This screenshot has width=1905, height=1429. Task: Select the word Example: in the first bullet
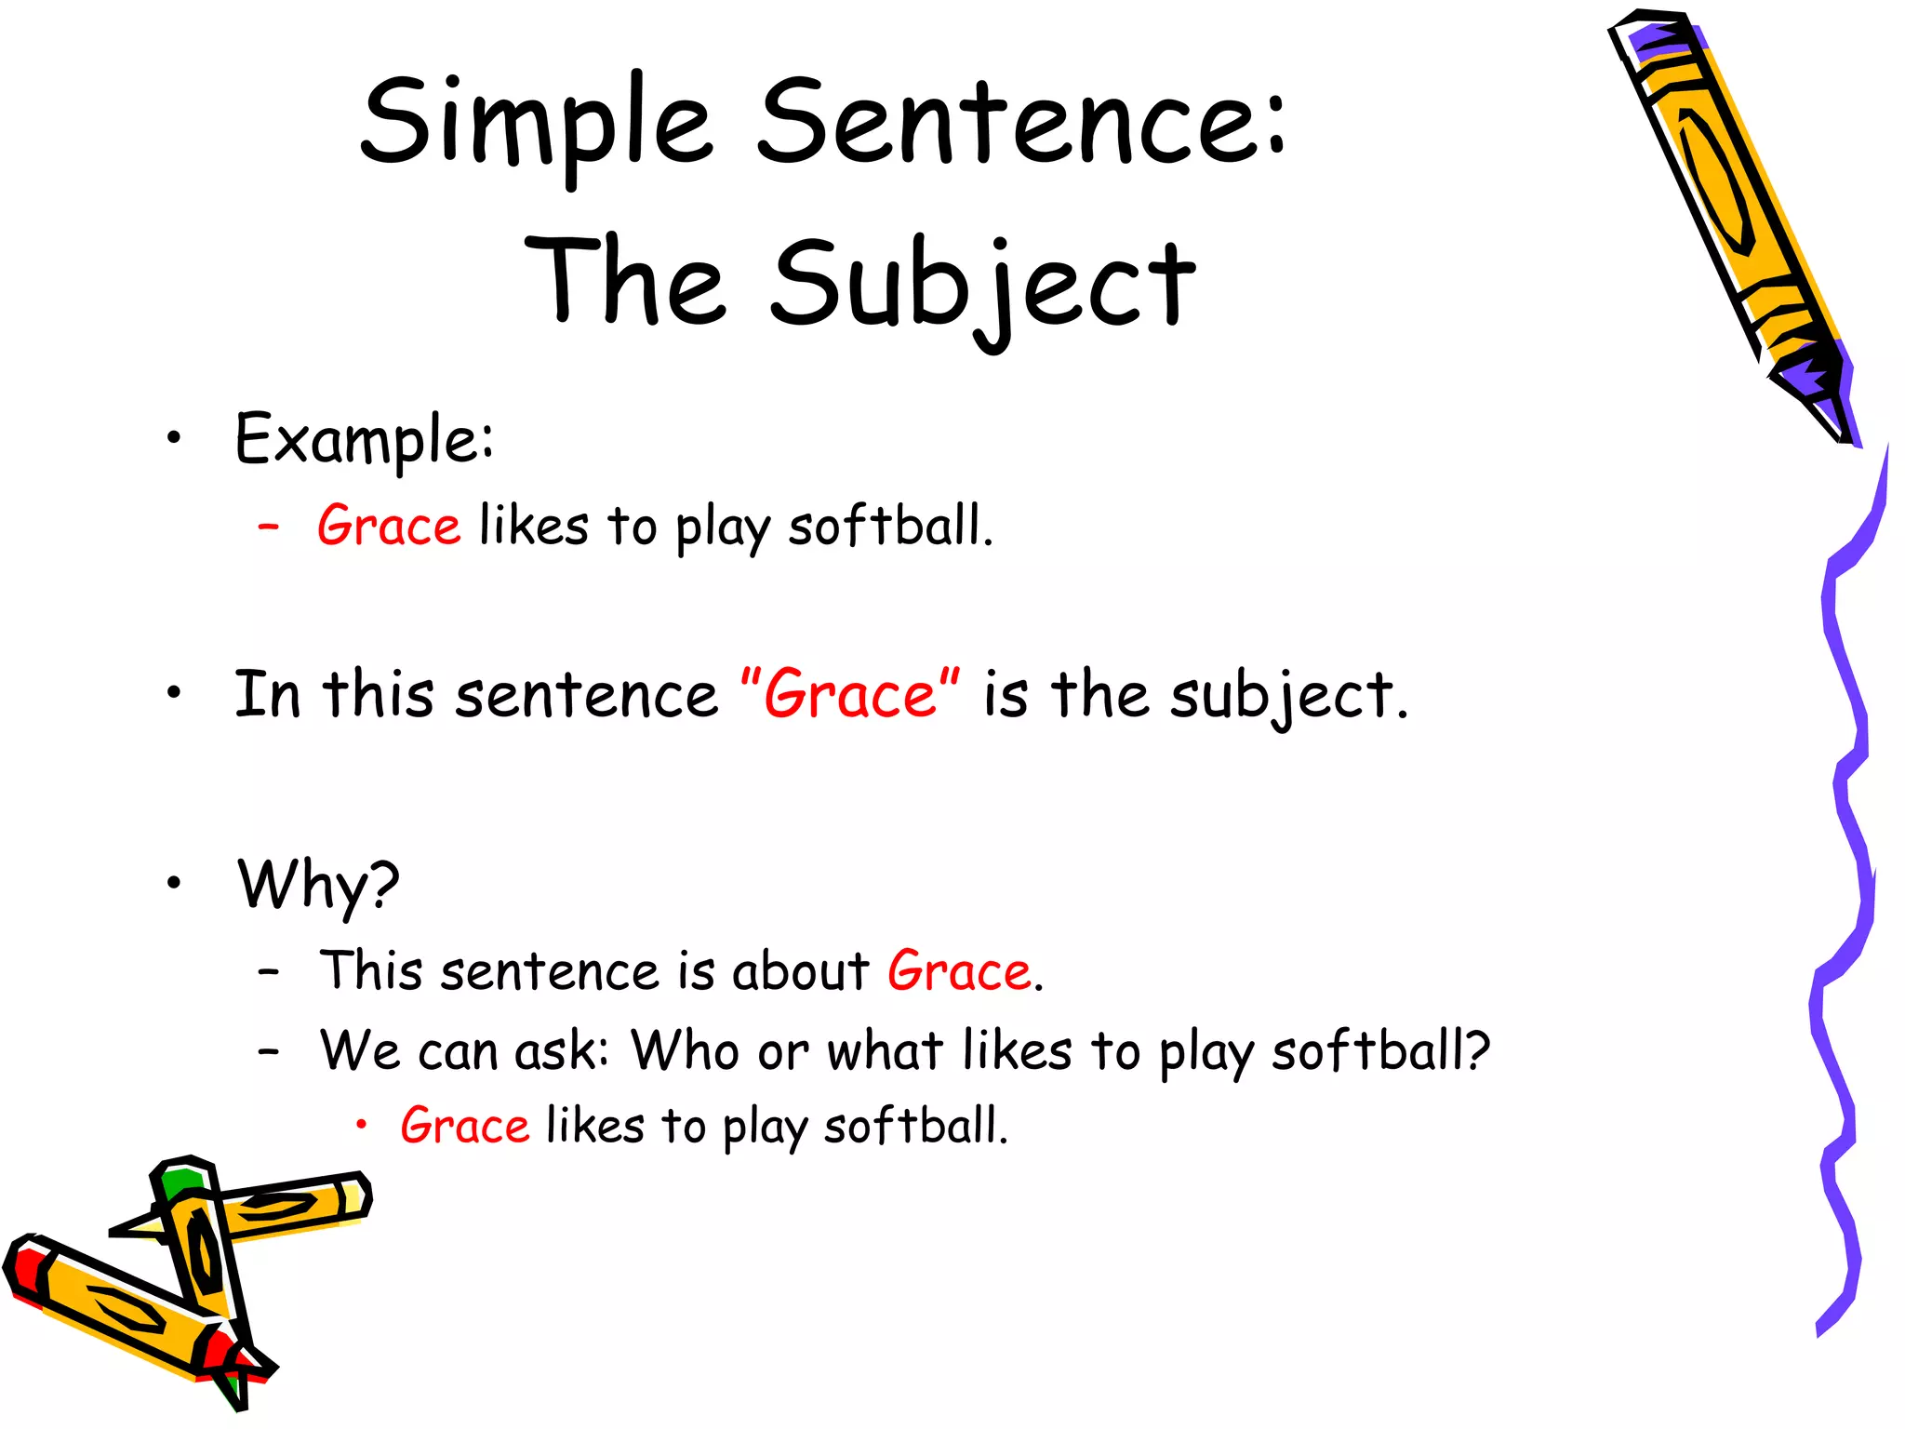tap(364, 439)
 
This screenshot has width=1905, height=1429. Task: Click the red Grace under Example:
tap(388, 527)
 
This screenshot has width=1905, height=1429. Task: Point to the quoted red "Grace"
tap(850, 695)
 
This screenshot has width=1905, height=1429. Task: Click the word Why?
tap(318, 885)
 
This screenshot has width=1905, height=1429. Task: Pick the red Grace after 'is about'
tap(959, 972)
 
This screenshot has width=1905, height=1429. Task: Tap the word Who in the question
tap(686, 1051)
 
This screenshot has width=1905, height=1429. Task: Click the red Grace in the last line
tap(464, 1126)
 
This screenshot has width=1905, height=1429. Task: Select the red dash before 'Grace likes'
tap(269, 527)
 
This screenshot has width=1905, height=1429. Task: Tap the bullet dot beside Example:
tap(173, 439)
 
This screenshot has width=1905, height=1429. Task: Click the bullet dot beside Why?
tap(173, 883)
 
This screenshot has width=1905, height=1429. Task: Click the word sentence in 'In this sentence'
tap(586, 695)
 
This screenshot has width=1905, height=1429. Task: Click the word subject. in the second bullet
tap(1288, 698)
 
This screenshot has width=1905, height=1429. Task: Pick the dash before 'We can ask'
tap(269, 1051)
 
